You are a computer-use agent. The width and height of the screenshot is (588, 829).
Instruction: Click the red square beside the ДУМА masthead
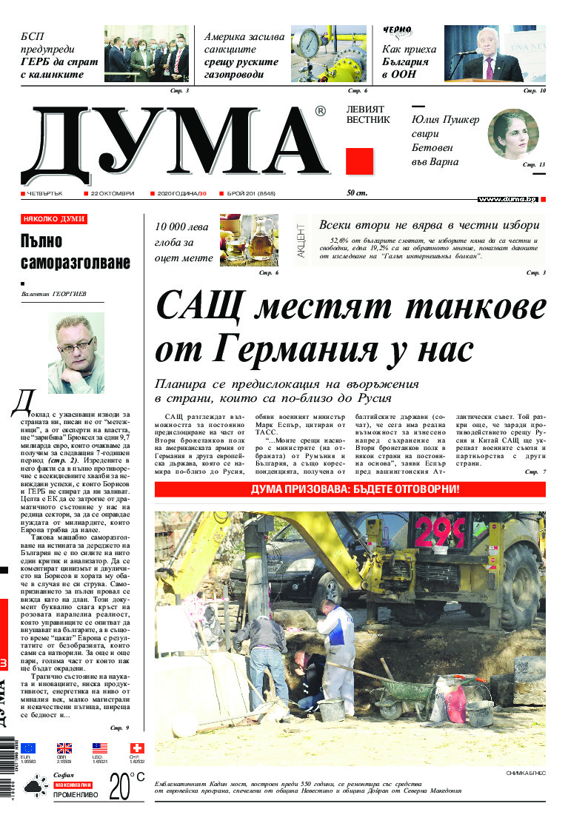(359, 161)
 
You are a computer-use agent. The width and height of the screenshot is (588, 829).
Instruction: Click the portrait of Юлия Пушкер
(512, 134)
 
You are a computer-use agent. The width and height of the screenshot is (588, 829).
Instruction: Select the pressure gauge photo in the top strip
(329, 54)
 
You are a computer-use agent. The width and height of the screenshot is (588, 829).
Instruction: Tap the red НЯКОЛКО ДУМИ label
(54, 219)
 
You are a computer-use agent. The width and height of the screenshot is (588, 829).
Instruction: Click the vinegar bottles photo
(249, 240)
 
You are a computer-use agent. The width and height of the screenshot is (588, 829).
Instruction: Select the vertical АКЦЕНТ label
(301, 240)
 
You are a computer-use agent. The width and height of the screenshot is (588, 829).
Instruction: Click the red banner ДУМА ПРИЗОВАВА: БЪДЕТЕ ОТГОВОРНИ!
(350, 489)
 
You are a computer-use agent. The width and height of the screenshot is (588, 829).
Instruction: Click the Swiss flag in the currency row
(136, 748)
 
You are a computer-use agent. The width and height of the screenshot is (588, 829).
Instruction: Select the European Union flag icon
(29, 748)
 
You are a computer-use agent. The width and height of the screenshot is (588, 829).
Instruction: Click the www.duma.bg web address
(507, 200)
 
